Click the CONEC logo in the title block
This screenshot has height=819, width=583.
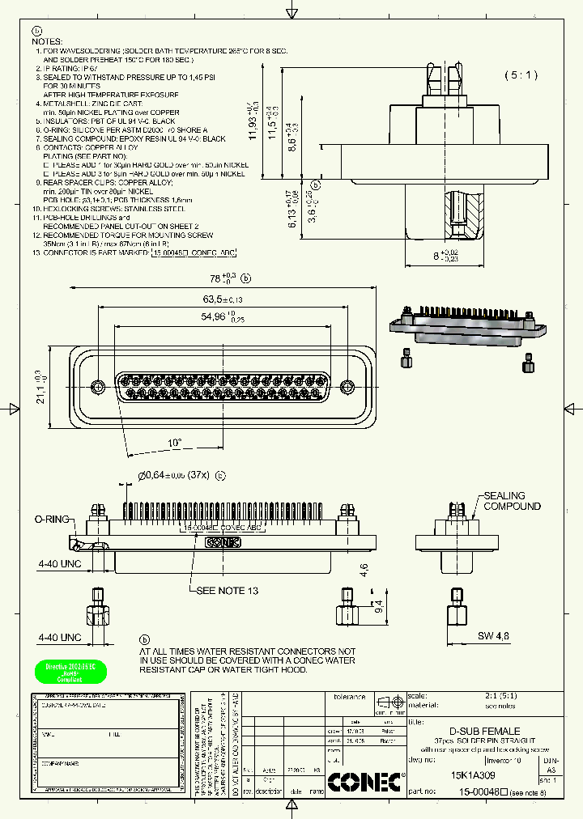point(364,781)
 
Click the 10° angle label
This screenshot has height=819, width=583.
point(176,443)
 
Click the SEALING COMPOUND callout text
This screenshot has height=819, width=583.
point(512,501)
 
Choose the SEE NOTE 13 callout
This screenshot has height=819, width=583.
point(228,591)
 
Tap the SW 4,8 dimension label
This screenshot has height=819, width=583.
point(493,635)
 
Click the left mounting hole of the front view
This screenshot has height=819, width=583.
point(98,385)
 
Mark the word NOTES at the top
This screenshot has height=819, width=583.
point(49,40)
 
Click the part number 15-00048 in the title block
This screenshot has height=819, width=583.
point(479,792)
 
